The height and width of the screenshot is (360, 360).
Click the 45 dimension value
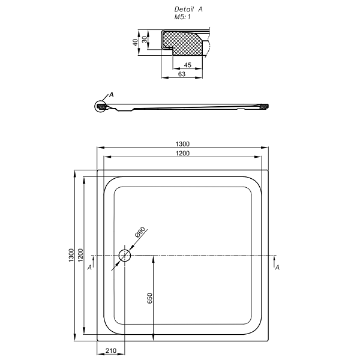[187, 65]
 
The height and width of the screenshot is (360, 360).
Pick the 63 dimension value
[181, 74]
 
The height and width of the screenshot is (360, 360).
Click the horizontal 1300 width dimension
[183, 144]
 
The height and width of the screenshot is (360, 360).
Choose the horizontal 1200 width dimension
[183, 154]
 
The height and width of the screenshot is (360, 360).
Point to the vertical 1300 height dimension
[71, 256]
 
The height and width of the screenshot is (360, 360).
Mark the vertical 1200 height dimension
[80, 256]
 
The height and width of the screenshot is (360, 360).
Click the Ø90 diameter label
[140, 233]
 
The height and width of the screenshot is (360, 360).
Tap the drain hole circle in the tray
[125, 256]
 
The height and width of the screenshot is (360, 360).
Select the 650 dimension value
[151, 298]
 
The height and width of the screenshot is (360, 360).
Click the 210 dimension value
[111, 351]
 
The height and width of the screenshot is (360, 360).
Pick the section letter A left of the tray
[89, 267]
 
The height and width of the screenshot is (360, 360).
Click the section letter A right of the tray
[277, 267]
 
